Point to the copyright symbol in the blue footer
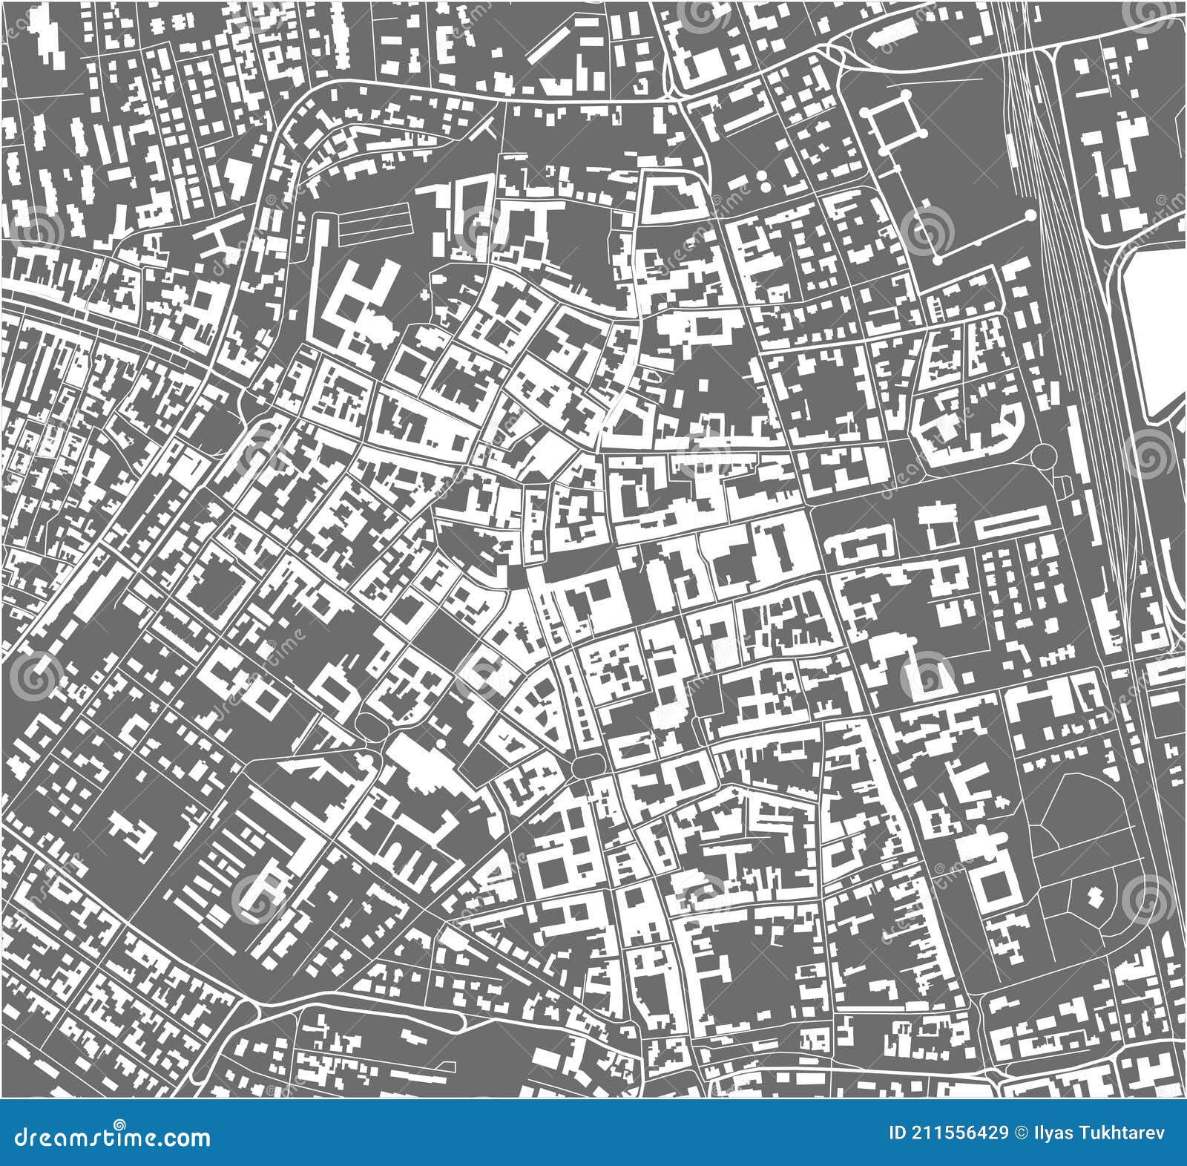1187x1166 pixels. click(1019, 1133)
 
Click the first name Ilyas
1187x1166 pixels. click(1049, 1133)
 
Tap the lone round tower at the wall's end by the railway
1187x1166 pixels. click(1030, 215)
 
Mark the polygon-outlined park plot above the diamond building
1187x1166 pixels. click(1079, 813)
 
